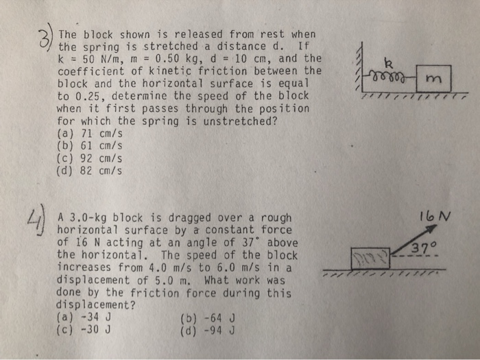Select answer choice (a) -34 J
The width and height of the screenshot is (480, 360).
pos(83,317)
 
